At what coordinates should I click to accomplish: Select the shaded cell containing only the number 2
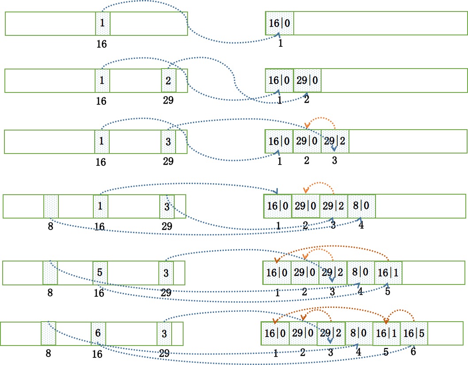[x=169, y=81]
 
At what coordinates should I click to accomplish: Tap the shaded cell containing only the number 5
[x=100, y=273]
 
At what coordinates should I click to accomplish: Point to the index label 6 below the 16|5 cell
[x=413, y=351]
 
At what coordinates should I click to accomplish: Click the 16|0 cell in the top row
[x=279, y=23]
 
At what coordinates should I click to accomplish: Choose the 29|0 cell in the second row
[x=307, y=81]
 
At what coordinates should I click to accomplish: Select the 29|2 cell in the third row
[x=335, y=142]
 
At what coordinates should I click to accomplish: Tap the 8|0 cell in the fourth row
[x=361, y=206]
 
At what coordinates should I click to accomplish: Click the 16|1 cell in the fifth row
[x=388, y=273]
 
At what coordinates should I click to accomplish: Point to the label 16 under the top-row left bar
[x=101, y=44]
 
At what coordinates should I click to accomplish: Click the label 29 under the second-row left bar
[x=168, y=100]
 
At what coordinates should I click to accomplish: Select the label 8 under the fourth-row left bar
[x=51, y=226]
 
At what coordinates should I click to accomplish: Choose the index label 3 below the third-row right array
[x=334, y=161]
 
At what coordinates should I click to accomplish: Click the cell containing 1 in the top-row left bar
[x=103, y=23]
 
